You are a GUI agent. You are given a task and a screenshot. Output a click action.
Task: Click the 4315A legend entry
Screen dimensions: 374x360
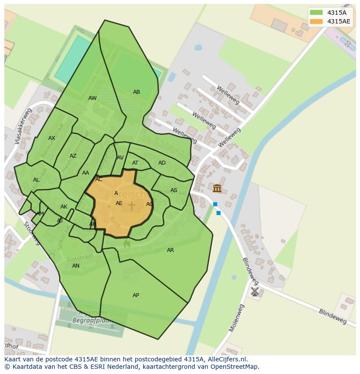pyautogui.click(x=330, y=13)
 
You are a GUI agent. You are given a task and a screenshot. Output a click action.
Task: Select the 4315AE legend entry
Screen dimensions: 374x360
pyautogui.click(x=330, y=21)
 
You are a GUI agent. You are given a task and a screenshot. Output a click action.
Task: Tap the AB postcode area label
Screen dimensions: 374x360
pyautogui.click(x=137, y=92)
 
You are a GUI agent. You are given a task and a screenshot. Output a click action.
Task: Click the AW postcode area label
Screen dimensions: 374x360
pyautogui.click(x=93, y=98)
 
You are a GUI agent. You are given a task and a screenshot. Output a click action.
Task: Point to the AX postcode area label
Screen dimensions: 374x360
pyautogui.click(x=52, y=138)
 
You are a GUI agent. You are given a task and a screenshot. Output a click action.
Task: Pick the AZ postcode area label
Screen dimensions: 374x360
pyautogui.click(x=73, y=156)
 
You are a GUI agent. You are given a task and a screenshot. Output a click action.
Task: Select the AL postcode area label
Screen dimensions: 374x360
pyautogui.click(x=36, y=180)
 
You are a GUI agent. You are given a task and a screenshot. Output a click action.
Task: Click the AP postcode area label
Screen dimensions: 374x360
pyautogui.click(x=136, y=295)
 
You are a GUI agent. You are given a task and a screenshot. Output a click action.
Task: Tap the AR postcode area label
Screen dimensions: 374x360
pyautogui.click(x=170, y=250)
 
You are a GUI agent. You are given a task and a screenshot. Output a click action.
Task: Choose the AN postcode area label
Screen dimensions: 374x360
pyautogui.click(x=76, y=266)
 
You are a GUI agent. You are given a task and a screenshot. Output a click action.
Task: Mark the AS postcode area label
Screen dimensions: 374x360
pyautogui.click(x=174, y=190)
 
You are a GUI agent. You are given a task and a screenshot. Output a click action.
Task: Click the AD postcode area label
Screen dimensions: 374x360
pyautogui.click(x=162, y=163)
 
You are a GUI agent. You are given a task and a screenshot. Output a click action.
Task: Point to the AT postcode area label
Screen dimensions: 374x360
pyautogui.click(x=135, y=163)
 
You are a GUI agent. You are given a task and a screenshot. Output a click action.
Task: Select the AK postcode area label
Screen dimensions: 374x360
pyautogui.click(x=64, y=207)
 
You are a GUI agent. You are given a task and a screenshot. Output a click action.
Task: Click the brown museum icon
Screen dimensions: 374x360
pyautogui.click(x=217, y=188)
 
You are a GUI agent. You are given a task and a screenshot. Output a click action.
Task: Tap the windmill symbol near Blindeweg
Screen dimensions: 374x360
pyautogui.click(x=255, y=291)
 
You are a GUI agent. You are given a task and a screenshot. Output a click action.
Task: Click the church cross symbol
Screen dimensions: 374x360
pyautogui.click(x=132, y=205)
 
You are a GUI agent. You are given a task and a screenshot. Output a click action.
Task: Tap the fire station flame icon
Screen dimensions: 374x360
pyautogui.click(x=127, y=244)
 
